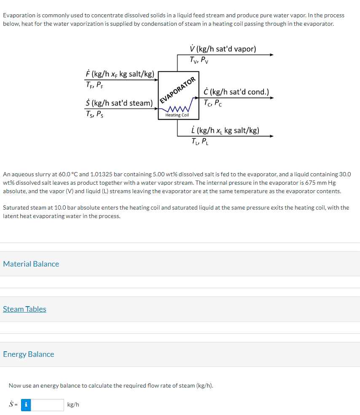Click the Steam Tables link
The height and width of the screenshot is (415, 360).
24,309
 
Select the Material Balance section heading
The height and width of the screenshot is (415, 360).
31,264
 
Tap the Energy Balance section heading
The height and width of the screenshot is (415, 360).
28,354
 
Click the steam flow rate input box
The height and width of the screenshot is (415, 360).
47,405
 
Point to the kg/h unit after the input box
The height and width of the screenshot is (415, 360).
73,405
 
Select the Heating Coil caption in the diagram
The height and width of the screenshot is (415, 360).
177,115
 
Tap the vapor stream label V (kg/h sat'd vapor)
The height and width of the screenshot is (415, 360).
223,49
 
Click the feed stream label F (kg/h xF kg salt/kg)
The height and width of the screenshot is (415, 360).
120,74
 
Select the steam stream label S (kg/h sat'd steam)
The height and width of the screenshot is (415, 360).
119,103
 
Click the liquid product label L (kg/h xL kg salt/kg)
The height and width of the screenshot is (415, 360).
225,130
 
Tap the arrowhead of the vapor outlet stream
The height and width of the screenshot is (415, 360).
272,55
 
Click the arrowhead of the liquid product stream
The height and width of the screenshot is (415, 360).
272,136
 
